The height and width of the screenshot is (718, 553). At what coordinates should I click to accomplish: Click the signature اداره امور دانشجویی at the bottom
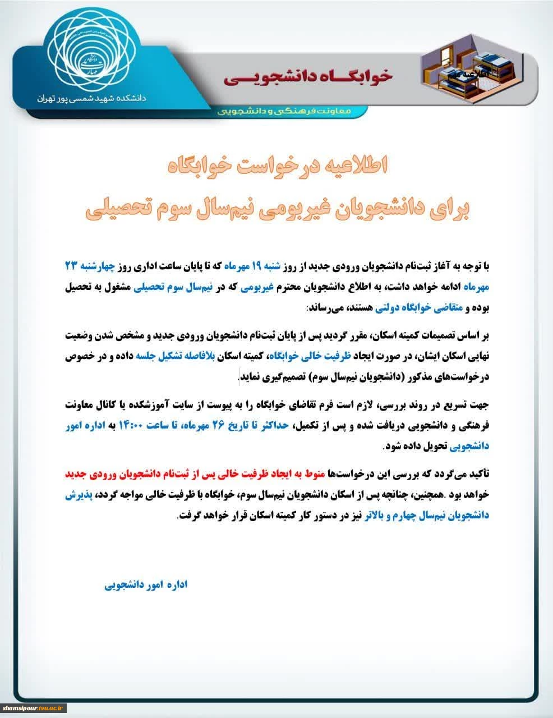[145, 584]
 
